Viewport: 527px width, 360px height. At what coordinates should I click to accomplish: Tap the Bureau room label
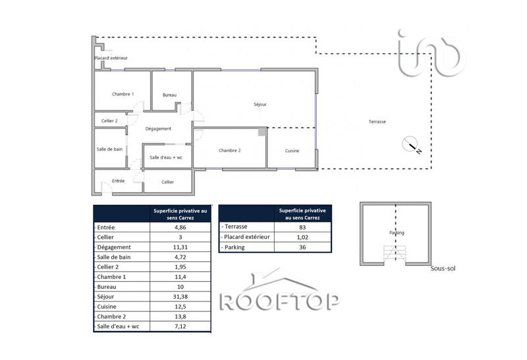pyautogui.click(x=170, y=95)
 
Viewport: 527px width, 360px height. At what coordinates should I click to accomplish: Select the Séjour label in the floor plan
pyautogui.click(x=260, y=105)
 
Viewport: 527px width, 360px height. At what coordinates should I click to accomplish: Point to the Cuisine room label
pyautogui.click(x=292, y=151)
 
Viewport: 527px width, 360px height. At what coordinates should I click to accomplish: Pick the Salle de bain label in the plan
pyautogui.click(x=109, y=149)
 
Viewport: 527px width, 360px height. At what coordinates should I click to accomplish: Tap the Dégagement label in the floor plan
pyautogui.click(x=158, y=129)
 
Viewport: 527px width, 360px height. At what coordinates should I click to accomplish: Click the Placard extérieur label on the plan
pyautogui.click(x=111, y=59)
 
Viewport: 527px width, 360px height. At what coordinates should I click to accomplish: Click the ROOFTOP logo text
pyautogui.click(x=279, y=301)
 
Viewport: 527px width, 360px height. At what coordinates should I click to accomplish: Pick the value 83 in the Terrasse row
pyautogui.click(x=303, y=226)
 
